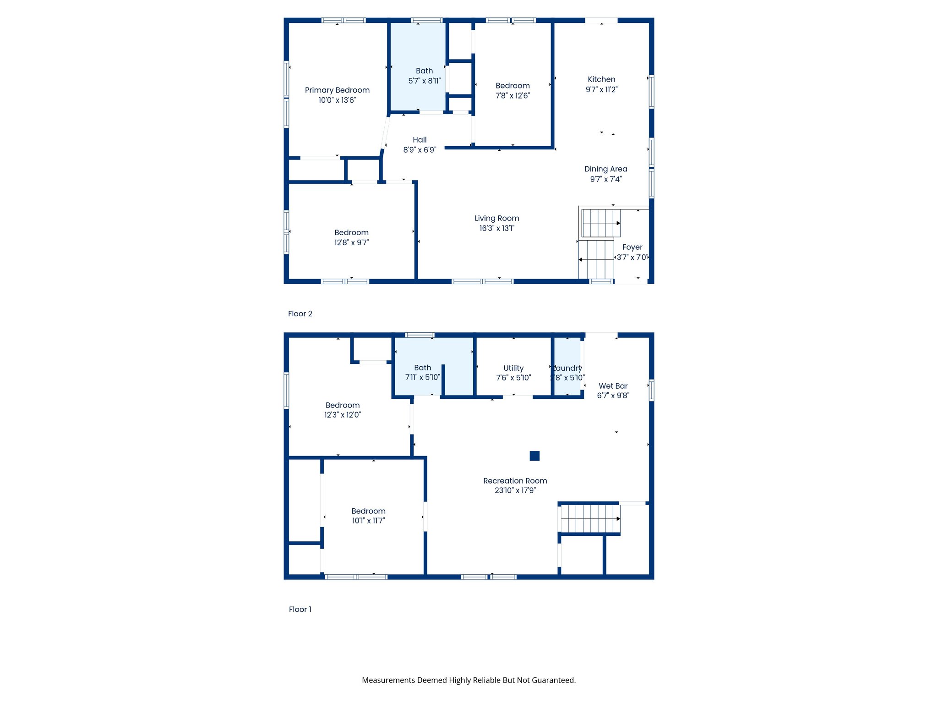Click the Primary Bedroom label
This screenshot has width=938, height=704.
tap(337, 90)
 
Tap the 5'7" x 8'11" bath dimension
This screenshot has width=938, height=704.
tap(424, 81)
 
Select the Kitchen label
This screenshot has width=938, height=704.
tap(601, 79)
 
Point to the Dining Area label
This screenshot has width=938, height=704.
tap(605, 169)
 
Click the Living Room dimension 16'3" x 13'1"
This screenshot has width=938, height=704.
tap(496, 228)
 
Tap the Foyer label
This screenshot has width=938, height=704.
tap(632, 247)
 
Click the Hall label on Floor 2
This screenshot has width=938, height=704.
tap(420, 140)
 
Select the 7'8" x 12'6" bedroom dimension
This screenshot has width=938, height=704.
tap(513, 96)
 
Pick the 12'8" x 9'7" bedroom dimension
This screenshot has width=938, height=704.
tap(351, 242)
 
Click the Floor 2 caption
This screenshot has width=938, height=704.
tap(300, 313)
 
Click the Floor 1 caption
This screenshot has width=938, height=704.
tap(300, 609)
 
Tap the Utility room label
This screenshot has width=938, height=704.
tap(513, 368)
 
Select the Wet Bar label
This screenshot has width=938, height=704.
tap(613, 386)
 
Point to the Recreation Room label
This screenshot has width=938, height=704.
tap(515, 481)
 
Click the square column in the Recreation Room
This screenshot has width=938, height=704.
tap(534, 456)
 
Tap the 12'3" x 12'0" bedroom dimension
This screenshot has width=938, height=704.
tap(343, 415)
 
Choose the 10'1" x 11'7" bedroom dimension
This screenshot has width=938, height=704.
tap(368, 521)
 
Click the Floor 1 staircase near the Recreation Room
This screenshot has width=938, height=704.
tap(590, 518)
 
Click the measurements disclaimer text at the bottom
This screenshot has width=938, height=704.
tap(469, 680)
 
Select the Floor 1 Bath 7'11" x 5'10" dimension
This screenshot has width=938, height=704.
tap(422, 377)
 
